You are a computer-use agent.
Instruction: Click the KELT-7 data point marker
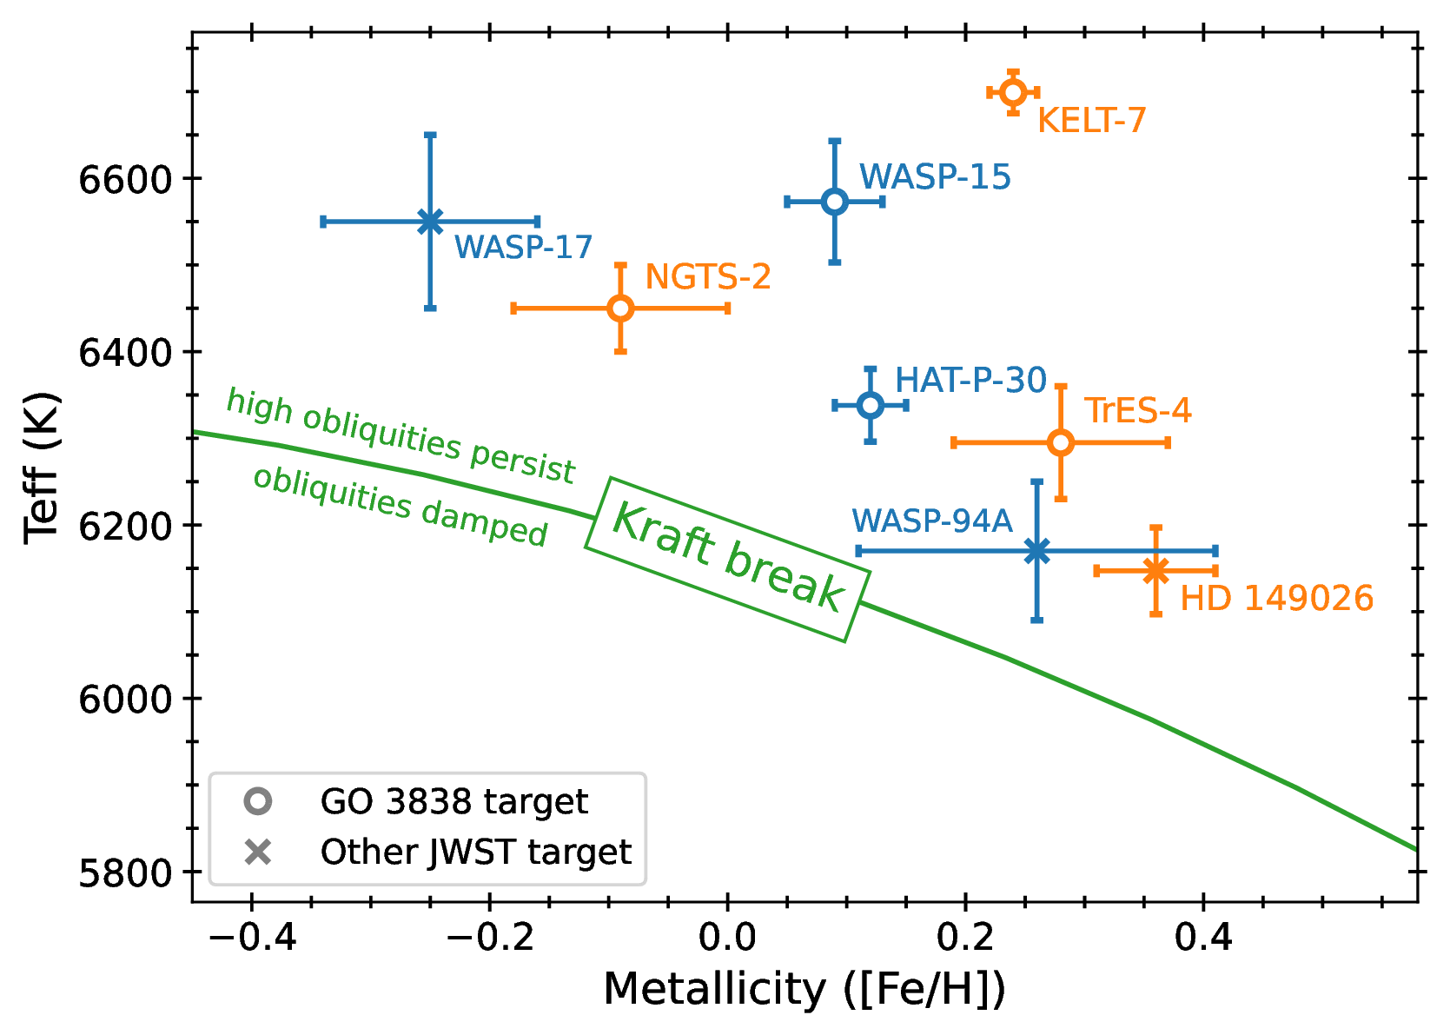point(1013,92)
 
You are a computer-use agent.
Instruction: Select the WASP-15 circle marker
point(835,202)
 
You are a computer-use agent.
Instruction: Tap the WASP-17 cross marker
point(430,222)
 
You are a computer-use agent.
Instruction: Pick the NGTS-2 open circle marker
point(620,308)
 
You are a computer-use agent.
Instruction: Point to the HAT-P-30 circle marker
point(871,405)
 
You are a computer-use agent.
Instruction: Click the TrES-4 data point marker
point(1061,442)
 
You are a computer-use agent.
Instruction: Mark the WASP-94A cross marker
point(1036,551)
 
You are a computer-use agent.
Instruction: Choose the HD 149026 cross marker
point(1155,571)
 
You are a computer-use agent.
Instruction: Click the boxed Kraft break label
point(727,559)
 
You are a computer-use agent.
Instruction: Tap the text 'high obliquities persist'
point(401,436)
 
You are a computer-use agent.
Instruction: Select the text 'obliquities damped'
point(401,506)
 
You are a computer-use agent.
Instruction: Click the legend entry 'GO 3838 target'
point(454,801)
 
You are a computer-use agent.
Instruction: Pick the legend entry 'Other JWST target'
point(475,852)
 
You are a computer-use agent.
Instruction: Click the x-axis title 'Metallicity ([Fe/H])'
point(804,990)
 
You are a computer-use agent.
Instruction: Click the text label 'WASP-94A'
point(932,521)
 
